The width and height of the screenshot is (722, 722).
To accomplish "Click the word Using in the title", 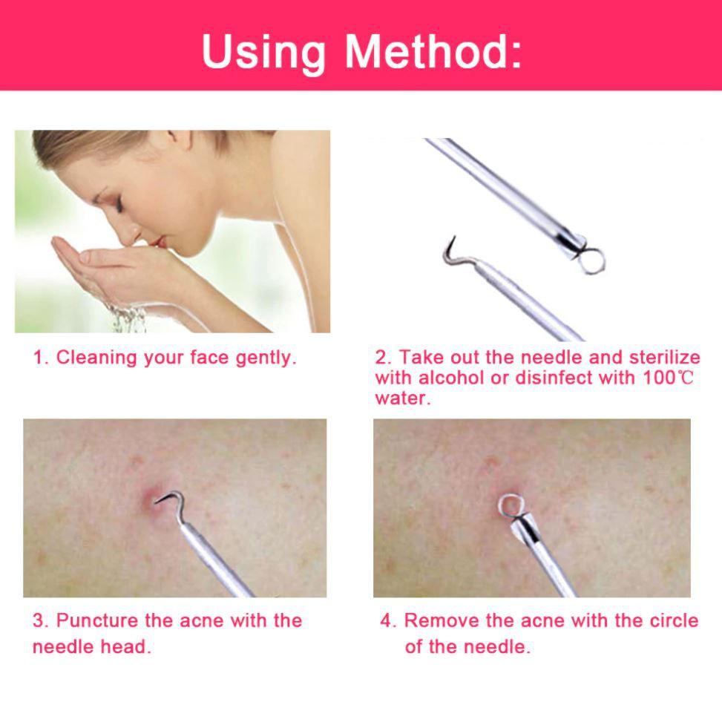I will (263, 52).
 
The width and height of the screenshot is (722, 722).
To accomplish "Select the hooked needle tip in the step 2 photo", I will (448, 249).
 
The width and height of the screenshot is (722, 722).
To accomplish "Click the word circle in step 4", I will (673, 620).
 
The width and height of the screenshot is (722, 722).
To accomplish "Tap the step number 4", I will (387, 620).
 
